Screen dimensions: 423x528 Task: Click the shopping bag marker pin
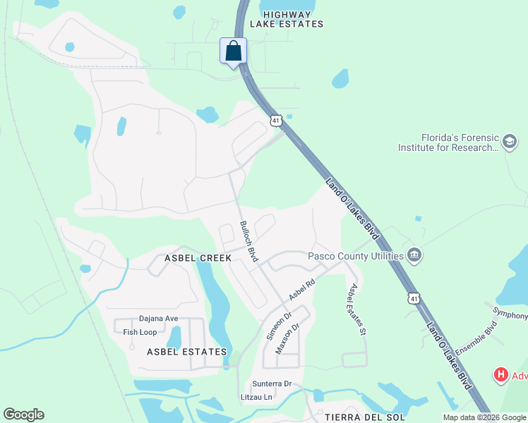tap(234, 51)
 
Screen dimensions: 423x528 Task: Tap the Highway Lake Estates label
tap(292, 19)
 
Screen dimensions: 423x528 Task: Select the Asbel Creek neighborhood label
tap(198, 259)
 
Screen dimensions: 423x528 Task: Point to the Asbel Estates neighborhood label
tap(187, 351)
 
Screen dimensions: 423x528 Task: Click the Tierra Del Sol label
tap(357, 416)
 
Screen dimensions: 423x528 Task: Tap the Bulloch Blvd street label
tap(248, 241)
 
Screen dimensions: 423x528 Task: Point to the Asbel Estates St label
tap(356, 309)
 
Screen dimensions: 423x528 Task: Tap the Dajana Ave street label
tap(159, 319)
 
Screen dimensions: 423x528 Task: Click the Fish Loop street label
tap(140, 332)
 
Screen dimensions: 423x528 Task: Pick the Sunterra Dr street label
tap(272, 384)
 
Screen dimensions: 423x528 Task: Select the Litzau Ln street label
tap(256, 398)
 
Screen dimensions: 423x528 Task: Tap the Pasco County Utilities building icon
tap(414, 256)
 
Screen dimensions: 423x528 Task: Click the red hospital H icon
tap(501, 375)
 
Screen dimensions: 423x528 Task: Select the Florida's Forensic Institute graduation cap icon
tap(509, 143)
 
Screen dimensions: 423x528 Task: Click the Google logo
tap(23, 415)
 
